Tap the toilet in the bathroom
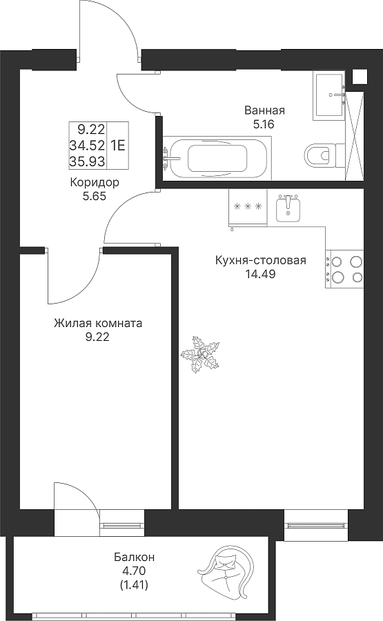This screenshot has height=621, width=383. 320,153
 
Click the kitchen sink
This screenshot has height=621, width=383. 288,208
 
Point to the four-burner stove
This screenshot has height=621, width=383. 344,269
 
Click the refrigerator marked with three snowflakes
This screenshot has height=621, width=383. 248,208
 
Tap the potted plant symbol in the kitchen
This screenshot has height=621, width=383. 200,354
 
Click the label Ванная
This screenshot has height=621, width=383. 264,110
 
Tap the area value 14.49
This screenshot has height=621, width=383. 260,274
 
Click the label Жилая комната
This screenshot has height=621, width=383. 98,324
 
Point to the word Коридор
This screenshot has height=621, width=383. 95,183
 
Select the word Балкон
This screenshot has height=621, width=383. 135,558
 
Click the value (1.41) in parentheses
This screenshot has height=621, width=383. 135,584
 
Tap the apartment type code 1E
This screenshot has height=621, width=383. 118,146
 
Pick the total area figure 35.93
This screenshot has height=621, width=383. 87,161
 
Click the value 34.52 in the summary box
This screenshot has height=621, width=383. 87,146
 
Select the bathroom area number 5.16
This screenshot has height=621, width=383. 264,125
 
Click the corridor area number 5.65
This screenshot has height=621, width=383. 95,196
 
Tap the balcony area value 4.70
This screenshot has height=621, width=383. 135,571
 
